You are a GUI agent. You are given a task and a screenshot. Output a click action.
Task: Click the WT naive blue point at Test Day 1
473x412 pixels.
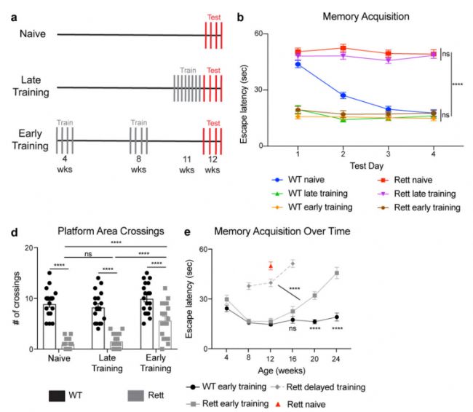pyautogui.click(x=298, y=64)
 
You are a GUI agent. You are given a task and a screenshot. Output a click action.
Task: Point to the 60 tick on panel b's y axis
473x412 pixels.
pyautogui.click(x=279, y=33)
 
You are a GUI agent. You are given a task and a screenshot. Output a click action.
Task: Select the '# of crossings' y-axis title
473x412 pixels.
pyautogui.click(x=15, y=298)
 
